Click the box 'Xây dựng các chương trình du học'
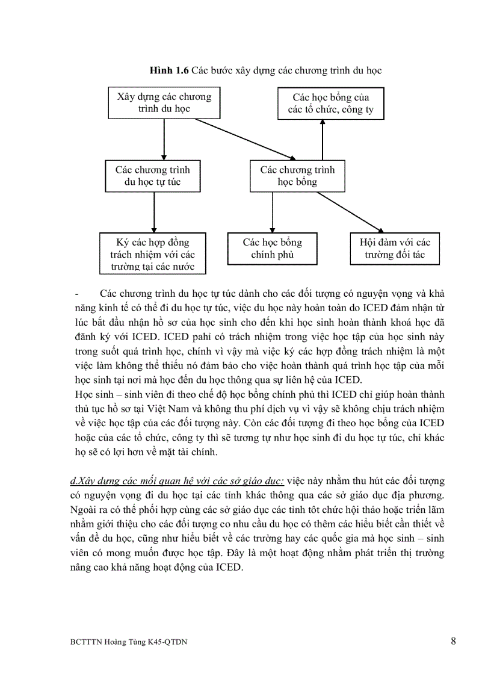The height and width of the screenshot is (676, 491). click(x=164, y=102)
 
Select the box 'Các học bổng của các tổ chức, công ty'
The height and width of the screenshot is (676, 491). click(x=330, y=103)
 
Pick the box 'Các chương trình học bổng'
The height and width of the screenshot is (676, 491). click(x=297, y=176)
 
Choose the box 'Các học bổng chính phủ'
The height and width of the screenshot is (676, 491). click(x=272, y=249)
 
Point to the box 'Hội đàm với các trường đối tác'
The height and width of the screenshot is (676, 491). click(x=395, y=249)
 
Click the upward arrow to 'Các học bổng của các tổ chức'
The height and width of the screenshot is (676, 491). click(x=323, y=140)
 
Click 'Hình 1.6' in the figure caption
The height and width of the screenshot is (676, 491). click(x=169, y=71)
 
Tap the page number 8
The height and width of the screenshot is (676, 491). click(x=453, y=640)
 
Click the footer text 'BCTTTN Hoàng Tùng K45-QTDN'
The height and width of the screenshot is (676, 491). click(x=128, y=642)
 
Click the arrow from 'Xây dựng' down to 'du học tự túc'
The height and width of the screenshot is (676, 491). click(x=164, y=139)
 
